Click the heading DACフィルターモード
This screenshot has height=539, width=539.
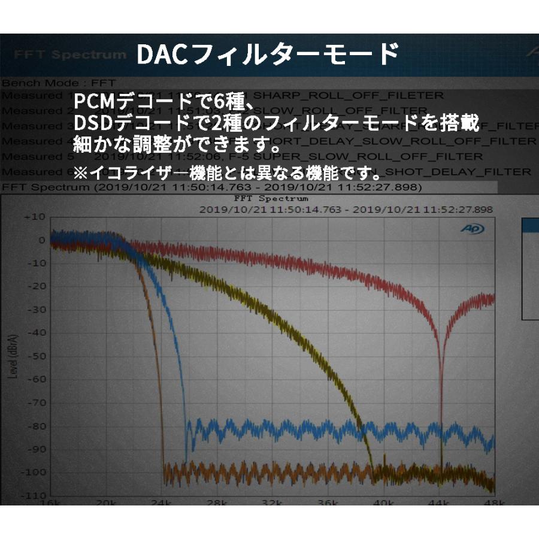click(x=267, y=54)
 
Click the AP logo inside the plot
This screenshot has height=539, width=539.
click(x=472, y=229)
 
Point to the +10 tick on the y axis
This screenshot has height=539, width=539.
click(x=34, y=216)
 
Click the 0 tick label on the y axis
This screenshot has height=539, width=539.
click(x=41, y=240)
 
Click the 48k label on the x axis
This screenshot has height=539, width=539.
click(x=493, y=501)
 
